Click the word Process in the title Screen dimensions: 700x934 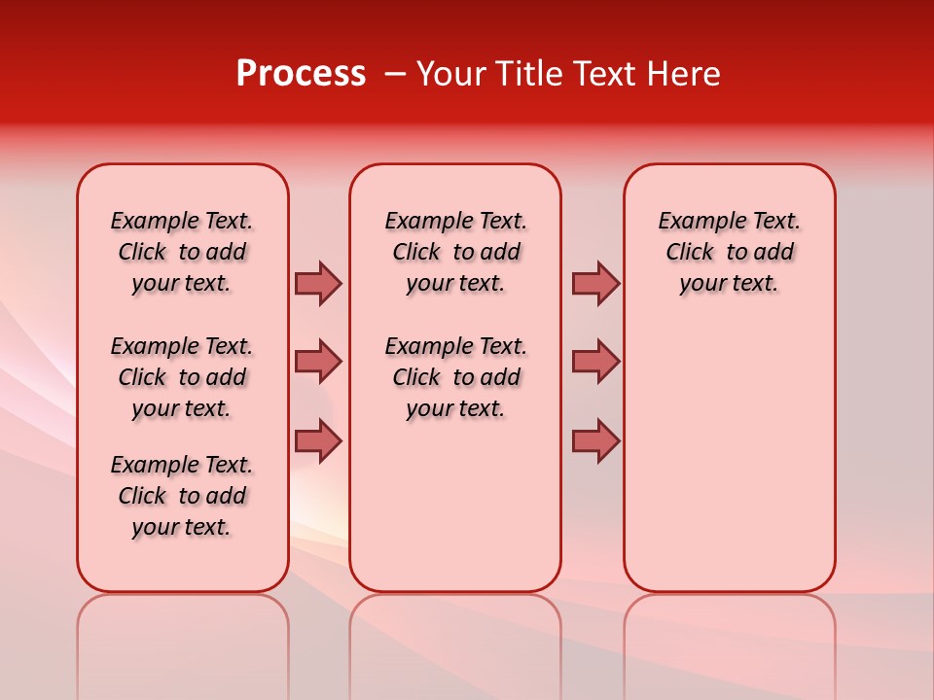301,73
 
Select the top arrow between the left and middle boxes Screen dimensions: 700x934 318,283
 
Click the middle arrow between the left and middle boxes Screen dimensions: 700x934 318,362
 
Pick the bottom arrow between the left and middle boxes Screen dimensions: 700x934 318,440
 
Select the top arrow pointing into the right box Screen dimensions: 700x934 595,283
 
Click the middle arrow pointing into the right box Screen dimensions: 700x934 595,362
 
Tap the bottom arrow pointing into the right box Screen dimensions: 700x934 595,440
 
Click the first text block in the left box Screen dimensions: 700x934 182,252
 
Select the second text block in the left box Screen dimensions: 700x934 182,377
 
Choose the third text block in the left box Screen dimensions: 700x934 182,496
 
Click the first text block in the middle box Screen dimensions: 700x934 455,252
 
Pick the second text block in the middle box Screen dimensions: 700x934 455,377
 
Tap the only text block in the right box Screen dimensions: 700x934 730,252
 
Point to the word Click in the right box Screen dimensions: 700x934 690,253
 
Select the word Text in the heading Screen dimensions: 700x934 598,73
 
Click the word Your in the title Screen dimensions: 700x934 450,73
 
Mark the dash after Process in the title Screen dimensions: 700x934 394,75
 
